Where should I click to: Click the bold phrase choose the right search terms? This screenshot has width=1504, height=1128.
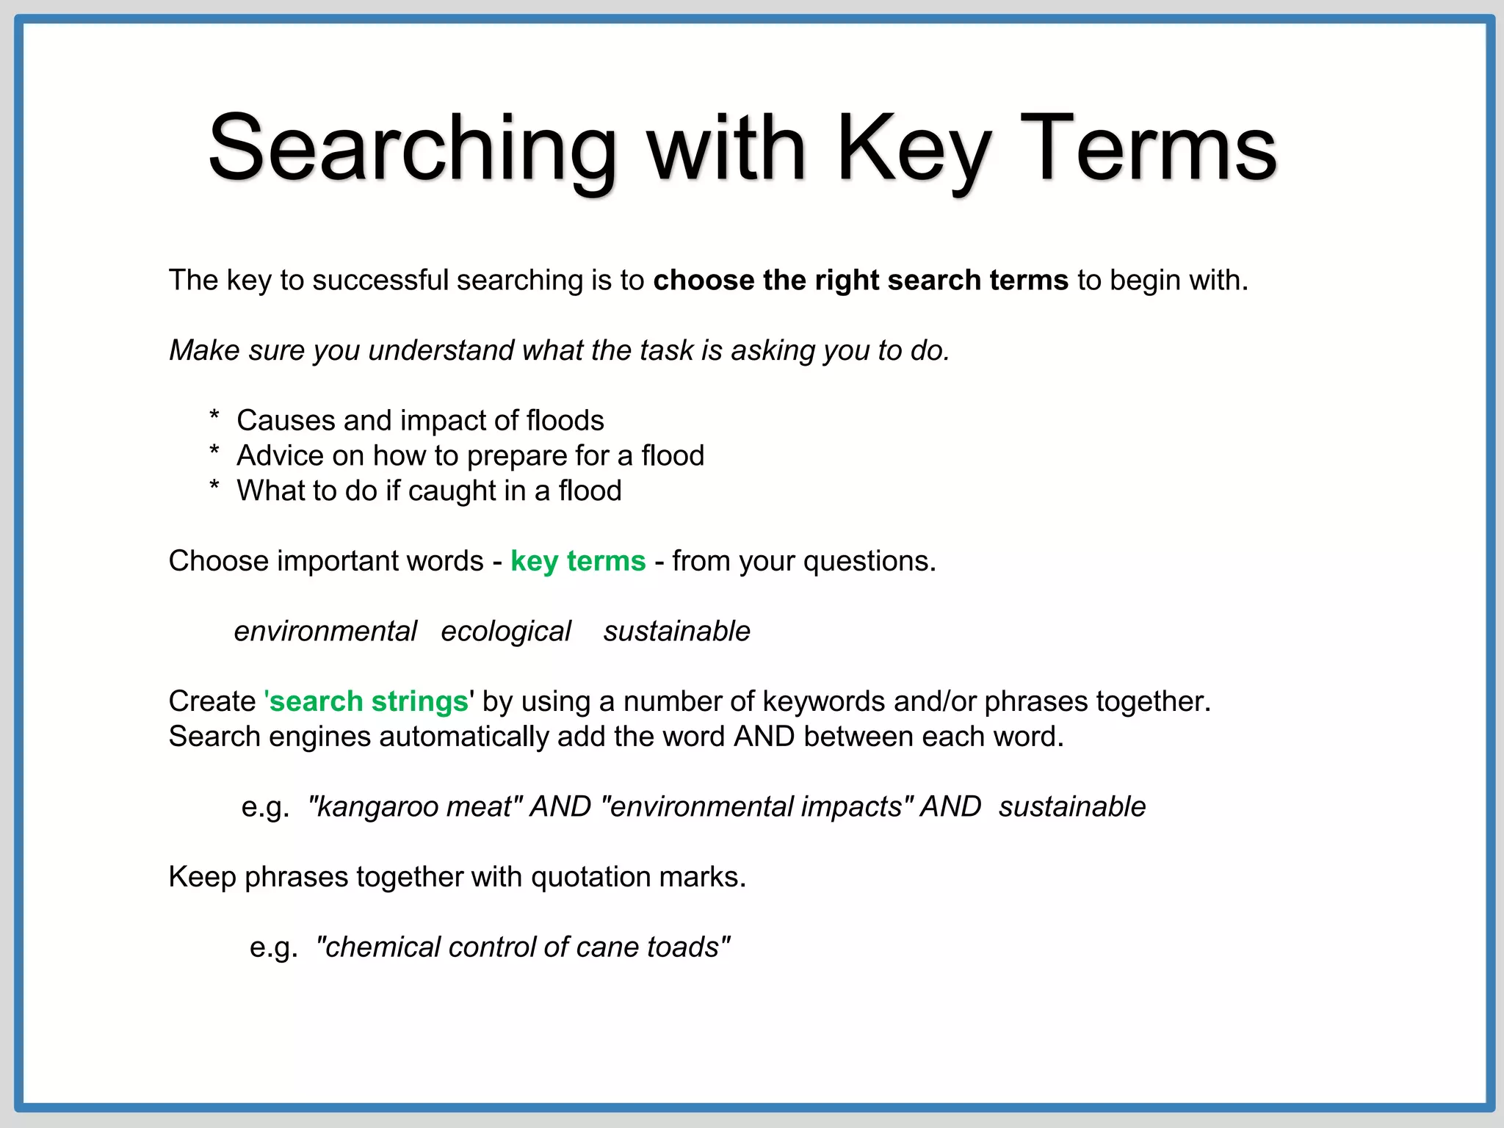[861, 281]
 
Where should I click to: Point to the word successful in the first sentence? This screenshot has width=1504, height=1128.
[380, 281]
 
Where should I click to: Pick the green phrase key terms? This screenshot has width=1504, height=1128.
[578, 561]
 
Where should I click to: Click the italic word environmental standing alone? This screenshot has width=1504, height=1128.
[325, 632]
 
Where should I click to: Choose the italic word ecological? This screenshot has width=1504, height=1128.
[505, 632]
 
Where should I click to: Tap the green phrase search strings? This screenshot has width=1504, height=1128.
[369, 701]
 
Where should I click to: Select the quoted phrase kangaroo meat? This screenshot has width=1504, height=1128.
[416, 806]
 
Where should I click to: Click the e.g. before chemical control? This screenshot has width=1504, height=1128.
[273, 947]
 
